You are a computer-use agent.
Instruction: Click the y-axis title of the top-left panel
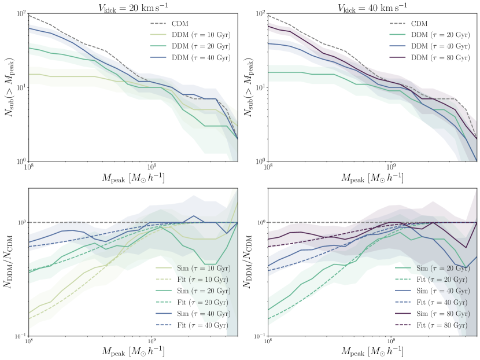tap(10, 87)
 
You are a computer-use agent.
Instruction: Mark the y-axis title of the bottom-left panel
tap(10, 262)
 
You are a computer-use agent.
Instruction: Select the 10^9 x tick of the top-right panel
tap(391, 167)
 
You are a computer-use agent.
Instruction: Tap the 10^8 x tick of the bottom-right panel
tap(268, 342)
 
